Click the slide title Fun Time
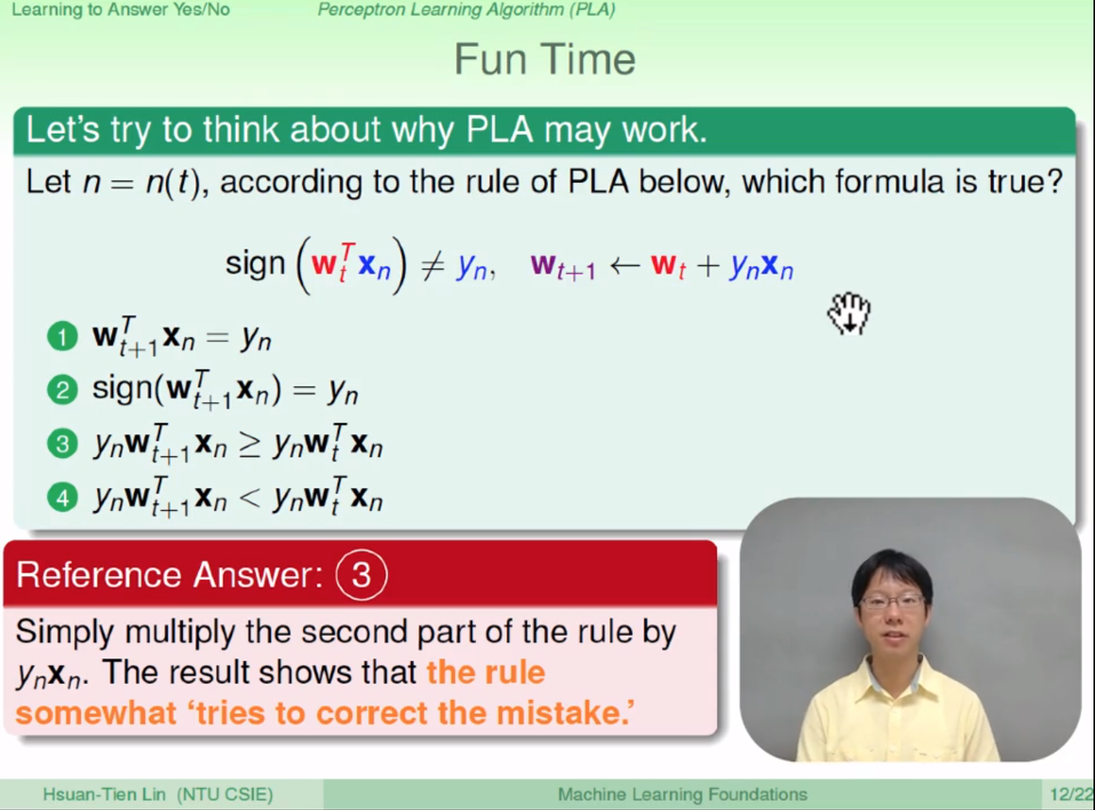(544, 59)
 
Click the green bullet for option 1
(63, 337)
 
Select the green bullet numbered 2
(63, 391)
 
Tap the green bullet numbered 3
(63, 444)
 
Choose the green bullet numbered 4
(63, 497)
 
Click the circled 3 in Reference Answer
(361, 574)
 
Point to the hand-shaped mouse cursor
(849, 313)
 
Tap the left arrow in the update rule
(625, 266)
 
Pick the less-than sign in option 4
(249, 498)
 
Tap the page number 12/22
(1071, 794)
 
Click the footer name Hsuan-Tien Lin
(104, 794)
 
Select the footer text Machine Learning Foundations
(682, 794)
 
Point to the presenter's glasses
(892, 602)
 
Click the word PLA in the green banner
(499, 130)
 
